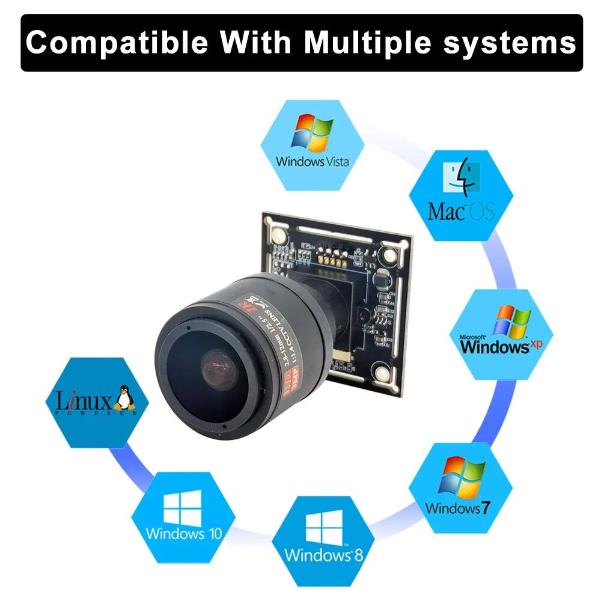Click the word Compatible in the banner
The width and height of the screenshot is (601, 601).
117,43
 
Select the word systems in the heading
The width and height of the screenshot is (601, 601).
510,43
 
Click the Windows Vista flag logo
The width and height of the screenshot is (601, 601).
313,133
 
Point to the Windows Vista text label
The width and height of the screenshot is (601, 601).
312,161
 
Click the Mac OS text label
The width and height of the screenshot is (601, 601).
461,211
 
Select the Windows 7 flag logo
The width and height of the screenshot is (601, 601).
461,477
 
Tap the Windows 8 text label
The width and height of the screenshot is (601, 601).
324,554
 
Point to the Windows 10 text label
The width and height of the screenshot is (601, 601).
183,533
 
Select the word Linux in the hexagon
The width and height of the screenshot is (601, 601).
84,400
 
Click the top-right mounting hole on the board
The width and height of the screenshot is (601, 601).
389,256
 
